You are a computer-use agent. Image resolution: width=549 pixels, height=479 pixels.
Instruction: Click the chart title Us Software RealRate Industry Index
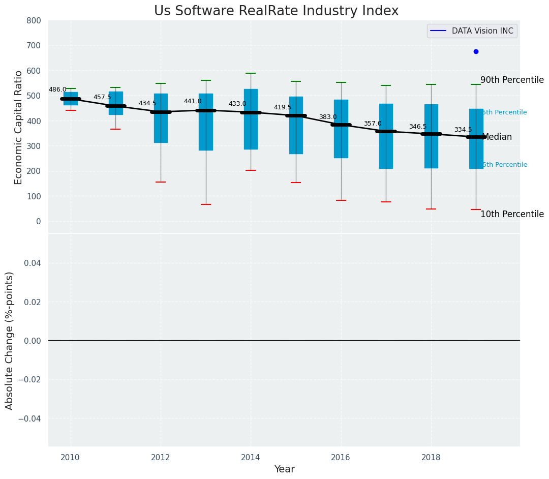click(276, 11)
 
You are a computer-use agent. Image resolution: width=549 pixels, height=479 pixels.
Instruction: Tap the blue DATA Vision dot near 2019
click(476, 51)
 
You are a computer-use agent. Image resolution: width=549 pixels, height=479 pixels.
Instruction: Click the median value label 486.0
click(57, 89)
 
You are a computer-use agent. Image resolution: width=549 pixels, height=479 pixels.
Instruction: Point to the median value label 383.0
click(328, 117)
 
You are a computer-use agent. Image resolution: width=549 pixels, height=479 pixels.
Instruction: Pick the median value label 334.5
click(463, 130)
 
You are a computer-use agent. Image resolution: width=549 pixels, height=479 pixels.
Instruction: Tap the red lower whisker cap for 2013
click(206, 204)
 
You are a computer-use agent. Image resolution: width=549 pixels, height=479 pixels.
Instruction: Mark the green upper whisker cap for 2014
click(251, 73)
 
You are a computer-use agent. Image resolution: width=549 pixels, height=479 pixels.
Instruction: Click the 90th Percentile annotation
click(512, 80)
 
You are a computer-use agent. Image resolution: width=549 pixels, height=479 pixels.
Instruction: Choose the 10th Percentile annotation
click(512, 214)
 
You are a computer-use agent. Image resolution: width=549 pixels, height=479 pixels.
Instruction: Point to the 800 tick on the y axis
click(34, 20)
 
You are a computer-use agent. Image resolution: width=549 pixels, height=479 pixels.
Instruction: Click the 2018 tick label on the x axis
click(431, 458)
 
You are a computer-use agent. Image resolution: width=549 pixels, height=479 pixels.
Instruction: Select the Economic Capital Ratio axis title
click(18, 127)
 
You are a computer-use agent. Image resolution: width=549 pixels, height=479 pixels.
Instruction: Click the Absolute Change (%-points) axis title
click(10, 340)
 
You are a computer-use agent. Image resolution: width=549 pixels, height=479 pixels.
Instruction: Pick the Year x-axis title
click(284, 469)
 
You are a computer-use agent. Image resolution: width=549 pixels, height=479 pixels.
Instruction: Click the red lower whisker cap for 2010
click(71, 110)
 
